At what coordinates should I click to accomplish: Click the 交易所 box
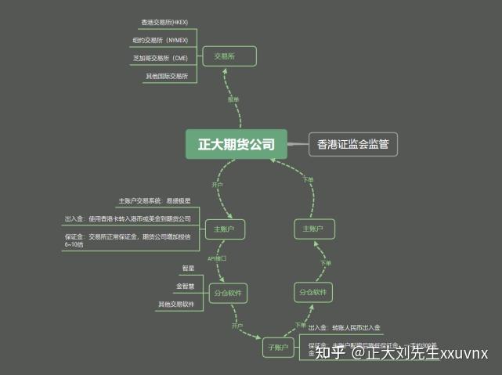point(229,56)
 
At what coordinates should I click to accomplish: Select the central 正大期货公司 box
point(236,144)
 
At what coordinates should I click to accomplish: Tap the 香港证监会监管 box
point(352,144)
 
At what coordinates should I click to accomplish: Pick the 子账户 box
point(278,347)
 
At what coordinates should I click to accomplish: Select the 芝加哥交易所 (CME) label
point(160,58)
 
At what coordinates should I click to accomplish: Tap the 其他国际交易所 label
point(167,76)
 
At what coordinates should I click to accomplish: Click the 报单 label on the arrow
point(233,99)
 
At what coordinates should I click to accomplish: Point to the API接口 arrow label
point(216,258)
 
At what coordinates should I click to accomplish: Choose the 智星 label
point(188,269)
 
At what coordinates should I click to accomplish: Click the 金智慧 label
point(185,286)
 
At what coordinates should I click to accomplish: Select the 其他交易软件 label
point(176,304)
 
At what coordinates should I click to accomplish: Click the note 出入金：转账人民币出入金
point(344,327)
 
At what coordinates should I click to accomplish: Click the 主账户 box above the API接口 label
point(225,229)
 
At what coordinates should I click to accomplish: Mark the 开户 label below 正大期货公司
point(217,185)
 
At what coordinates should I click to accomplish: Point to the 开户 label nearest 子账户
point(237,324)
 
